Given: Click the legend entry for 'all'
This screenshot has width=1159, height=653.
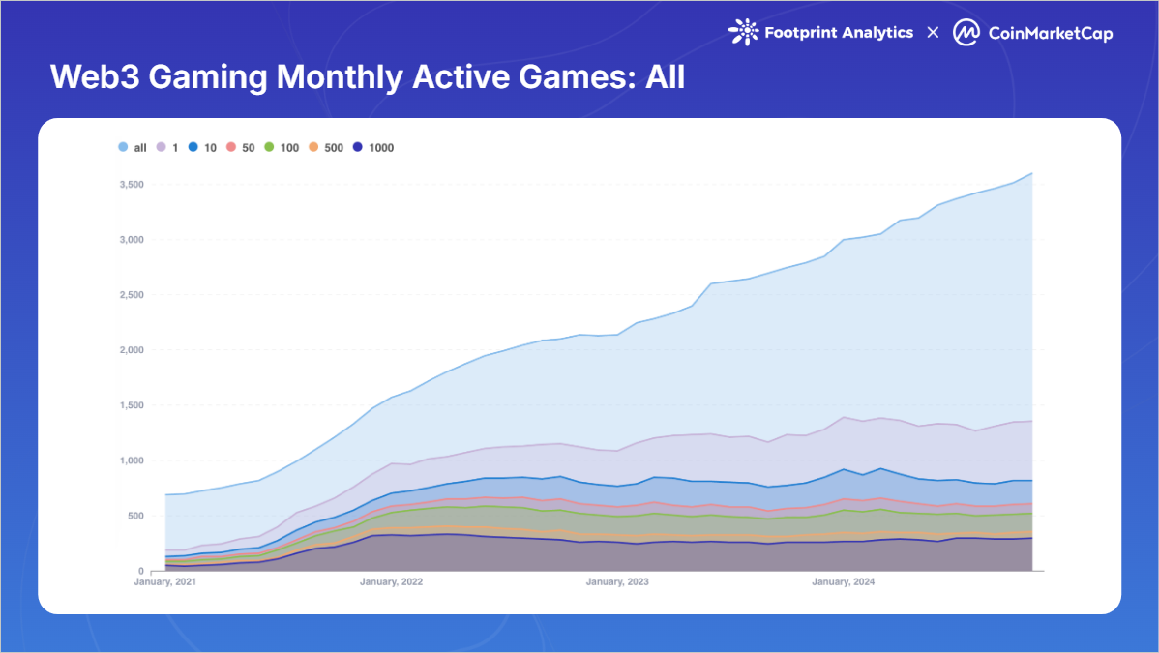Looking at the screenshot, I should [132, 148].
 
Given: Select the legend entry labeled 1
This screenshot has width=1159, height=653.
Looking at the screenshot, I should [167, 148].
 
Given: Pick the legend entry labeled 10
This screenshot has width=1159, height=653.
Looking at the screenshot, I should [201, 148].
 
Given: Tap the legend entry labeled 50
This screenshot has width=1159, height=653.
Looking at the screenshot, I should [240, 148].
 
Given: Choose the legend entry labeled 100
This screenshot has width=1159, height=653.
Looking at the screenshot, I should [282, 148].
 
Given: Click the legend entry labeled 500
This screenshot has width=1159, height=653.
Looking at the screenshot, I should [327, 148].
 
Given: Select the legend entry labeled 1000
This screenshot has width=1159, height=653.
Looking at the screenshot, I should [373, 148].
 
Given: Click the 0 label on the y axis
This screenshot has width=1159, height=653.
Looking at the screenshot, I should [140, 571].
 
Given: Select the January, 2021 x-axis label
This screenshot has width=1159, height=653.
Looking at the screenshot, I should [165, 582].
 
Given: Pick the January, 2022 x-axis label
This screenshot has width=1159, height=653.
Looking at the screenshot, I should [391, 582].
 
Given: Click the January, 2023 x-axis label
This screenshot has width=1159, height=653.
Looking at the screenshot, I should [617, 582].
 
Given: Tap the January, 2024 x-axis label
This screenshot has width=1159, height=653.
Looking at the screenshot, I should [844, 582].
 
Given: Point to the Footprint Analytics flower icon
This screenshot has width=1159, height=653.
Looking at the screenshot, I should [742, 33].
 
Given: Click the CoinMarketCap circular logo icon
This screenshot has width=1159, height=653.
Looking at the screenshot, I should [966, 33].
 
